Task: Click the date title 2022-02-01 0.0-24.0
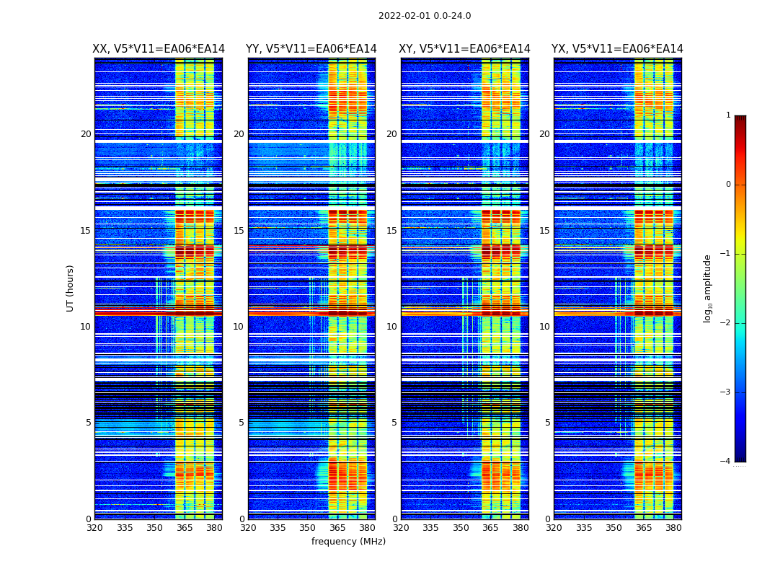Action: pos(425,16)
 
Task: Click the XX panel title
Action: pos(159,49)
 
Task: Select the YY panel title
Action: pos(311,49)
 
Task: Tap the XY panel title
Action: pos(465,49)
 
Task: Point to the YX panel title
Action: pos(618,49)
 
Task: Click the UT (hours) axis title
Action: pos(71,288)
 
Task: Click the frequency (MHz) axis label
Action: pos(348,542)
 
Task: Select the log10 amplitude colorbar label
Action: pos(708,288)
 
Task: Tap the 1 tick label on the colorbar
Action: pos(728,115)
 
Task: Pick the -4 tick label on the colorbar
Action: pos(726,462)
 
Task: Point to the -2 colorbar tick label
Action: pos(726,323)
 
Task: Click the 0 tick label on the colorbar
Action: pos(728,185)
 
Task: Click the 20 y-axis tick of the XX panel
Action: pos(86,134)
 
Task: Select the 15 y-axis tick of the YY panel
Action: pos(239,231)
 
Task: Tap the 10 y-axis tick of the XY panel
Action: pos(391,327)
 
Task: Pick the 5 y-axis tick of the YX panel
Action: pos(547,423)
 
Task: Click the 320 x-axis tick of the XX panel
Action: pos(94,528)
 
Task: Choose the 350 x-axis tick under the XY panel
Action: pos(461,528)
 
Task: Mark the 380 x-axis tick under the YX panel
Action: pos(673,528)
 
